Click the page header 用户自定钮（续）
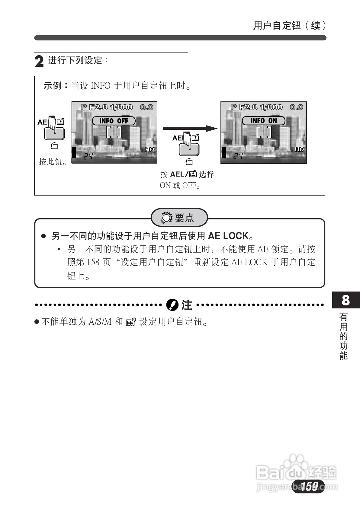click(289, 26)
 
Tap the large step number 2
click(39, 61)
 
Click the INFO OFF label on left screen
click(114, 121)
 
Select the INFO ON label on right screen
click(264, 121)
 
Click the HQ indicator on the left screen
click(149, 149)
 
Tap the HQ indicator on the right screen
click(299, 149)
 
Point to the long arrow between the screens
click(190, 129)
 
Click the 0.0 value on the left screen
click(146, 107)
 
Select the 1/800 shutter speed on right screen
click(271, 107)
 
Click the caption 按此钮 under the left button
click(53, 162)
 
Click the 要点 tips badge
click(179, 217)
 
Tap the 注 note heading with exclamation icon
click(179, 305)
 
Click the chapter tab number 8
click(346, 300)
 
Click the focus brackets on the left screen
click(114, 132)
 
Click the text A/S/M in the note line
click(100, 322)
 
